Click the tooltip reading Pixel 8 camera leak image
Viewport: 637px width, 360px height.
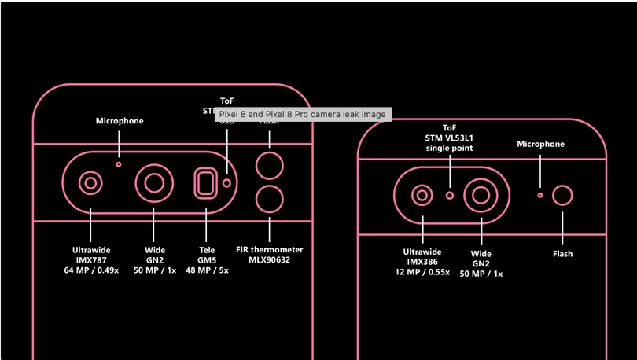(303, 115)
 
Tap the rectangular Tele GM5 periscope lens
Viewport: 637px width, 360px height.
(206, 183)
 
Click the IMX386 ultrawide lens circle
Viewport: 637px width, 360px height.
(423, 195)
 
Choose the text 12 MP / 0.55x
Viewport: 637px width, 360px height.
(422, 271)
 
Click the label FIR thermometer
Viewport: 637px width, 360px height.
(270, 250)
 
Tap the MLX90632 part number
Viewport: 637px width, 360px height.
(270, 259)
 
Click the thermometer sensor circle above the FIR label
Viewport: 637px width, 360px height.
(270, 200)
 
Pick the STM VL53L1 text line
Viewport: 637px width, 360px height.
(450, 138)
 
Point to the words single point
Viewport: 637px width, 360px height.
(450, 148)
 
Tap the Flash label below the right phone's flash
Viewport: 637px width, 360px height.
(562, 254)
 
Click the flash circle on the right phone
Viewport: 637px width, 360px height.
(562, 196)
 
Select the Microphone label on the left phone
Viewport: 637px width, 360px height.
(120, 121)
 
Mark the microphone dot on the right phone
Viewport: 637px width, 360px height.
(539, 194)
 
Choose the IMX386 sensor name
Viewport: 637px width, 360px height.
(422, 262)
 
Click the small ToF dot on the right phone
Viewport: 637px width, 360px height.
(450, 195)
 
